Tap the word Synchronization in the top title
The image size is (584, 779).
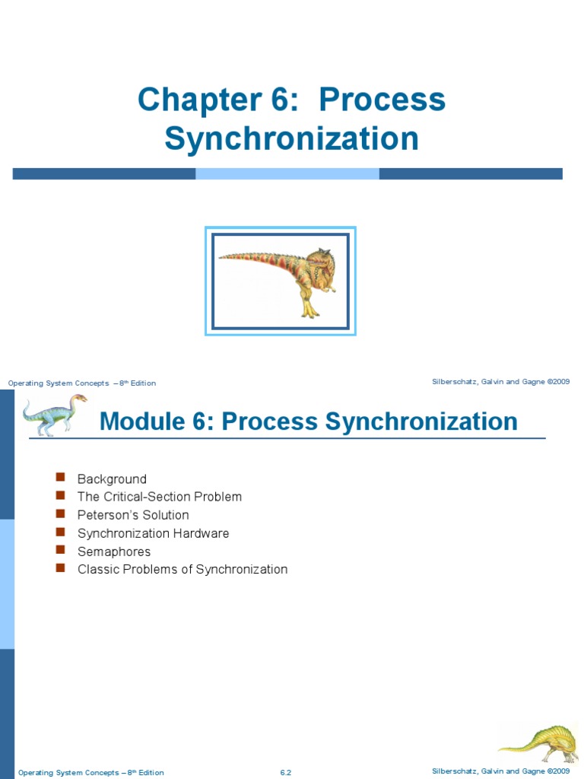coord(292,139)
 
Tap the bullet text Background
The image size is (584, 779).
coord(112,479)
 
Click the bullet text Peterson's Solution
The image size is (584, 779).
coord(133,515)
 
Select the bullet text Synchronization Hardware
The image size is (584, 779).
coord(153,533)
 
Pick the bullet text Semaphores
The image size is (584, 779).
coord(114,552)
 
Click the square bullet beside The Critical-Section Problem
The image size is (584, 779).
coord(60,496)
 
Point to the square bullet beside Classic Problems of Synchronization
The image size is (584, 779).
coord(60,568)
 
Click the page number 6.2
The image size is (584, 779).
coord(286,773)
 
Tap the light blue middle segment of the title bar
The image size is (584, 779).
coord(287,174)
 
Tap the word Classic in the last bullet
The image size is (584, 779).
coord(97,569)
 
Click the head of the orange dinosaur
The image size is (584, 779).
coord(322,263)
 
